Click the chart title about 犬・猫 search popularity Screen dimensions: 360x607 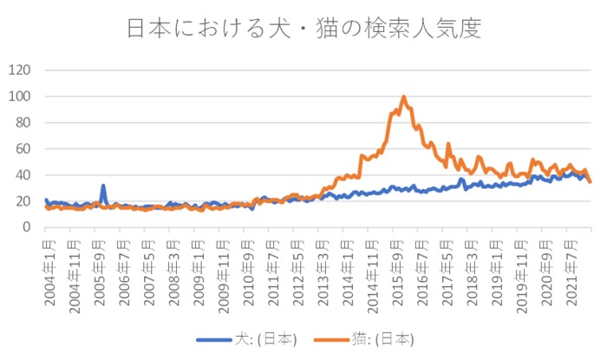[303, 28]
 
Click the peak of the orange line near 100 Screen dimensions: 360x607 [403, 97]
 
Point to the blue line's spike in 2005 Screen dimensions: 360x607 [103, 186]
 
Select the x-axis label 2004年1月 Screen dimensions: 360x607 [48, 271]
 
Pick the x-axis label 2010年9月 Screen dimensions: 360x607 [248, 271]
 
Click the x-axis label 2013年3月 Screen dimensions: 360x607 [323, 271]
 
